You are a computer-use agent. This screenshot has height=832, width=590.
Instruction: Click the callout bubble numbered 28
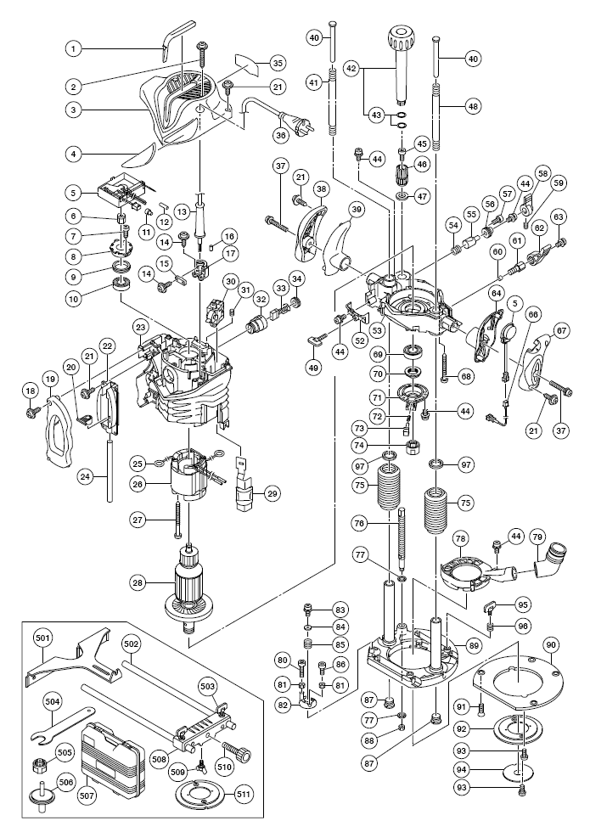click(x=139, y=582)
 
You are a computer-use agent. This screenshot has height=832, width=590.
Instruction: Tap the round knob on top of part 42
click(x=401, y=38)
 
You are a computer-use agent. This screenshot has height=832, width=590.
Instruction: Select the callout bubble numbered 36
click(x=281, y=135)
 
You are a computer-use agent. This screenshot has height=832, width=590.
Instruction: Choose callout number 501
click(x=43, y=638)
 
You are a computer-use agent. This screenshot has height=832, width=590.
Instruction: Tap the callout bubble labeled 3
click(x=74, y=110)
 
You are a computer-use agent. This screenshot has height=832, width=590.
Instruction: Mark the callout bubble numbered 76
click(x=359, y=523)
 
